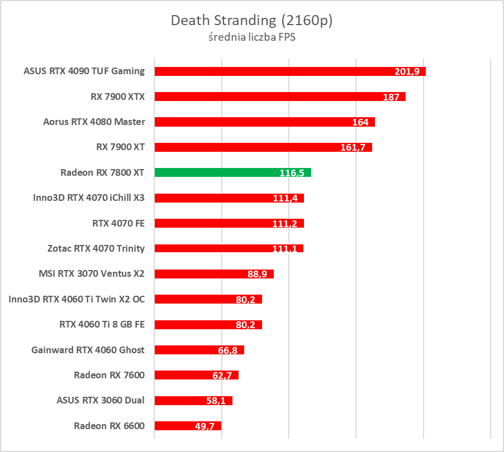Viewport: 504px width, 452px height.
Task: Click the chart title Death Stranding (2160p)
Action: (x=251, y=21)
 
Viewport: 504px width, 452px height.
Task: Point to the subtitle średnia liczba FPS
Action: (x=251, y=38)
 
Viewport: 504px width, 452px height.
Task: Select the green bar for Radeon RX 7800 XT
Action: (x=224, y=172)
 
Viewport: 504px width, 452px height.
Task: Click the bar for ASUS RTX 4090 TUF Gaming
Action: (x=268, y=71)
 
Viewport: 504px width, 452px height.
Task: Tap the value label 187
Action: (x=391, y=97)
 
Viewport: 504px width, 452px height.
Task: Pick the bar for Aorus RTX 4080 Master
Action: (x=251, y=122)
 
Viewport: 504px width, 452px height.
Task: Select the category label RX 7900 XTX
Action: (x=117, y=97)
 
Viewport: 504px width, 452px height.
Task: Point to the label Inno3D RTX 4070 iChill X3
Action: (x=89, y=198)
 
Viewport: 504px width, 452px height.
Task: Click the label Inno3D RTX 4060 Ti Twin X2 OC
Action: (x=77, y=299)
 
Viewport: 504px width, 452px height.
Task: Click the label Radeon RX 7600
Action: (x=109, y=375)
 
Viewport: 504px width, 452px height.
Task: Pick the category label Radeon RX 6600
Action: (x=109, y=426)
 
